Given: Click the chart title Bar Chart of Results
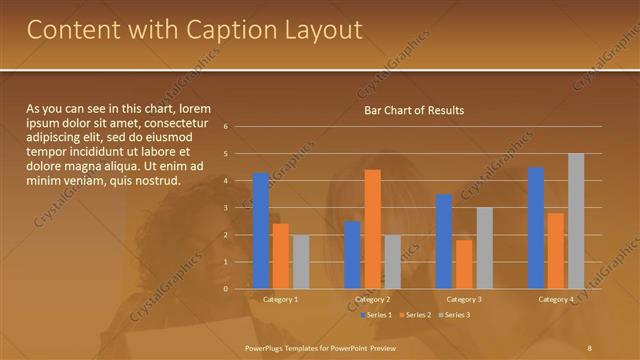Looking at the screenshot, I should click(413, 110).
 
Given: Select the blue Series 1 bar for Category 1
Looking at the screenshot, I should click(261, 231).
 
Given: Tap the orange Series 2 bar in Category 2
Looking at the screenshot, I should click(372, 229).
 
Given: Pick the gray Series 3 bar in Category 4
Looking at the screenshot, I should click(576, 221).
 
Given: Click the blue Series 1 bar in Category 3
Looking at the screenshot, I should click(444, 241).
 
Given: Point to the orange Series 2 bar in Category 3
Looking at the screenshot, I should click(464, 264).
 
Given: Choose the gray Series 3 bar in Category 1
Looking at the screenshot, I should click(301, 262).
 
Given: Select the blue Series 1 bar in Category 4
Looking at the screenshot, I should click(536, 228).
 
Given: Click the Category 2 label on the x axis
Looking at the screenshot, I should click(371, 299).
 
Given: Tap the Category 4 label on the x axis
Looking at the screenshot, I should click(555, 299).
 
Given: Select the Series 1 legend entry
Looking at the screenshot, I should click(375, 315).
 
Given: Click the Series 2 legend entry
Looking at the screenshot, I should click(414, 315).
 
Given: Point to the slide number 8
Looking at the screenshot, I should click(590, 346).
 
